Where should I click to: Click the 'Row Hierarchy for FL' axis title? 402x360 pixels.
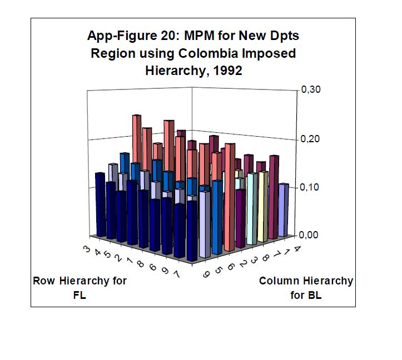80,287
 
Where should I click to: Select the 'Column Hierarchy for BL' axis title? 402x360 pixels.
306,287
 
